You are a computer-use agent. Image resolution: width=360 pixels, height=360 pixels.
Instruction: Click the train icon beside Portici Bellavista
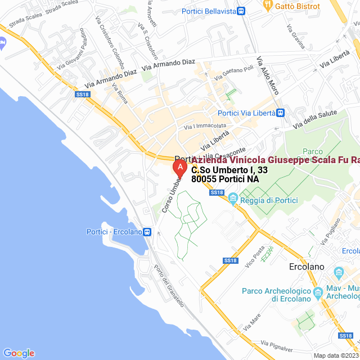(x=241, y=11)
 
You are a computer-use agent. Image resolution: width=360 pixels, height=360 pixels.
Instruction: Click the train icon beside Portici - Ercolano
(x=147, y=232)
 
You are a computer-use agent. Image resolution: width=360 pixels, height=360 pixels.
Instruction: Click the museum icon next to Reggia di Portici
(x=233, y=197)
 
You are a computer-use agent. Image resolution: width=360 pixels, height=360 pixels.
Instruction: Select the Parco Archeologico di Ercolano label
(x=276, y=294)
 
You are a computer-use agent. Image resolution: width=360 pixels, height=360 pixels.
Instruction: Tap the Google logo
(x=19, y=353)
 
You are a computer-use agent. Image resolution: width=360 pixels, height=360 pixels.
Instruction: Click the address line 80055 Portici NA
(x=225, y=179)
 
